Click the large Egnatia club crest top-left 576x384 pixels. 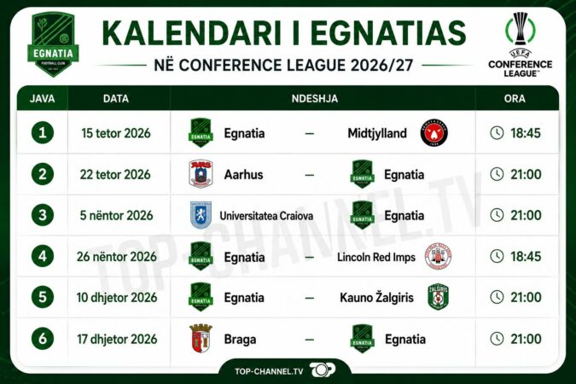tap(53, 44)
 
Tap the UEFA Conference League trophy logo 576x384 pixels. tap(521, 44)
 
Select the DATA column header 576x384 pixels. tap(116, 98)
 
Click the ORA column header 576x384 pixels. tap(515, 98)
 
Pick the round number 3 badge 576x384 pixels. tap(43, 215)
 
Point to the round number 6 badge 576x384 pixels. tap(43, 339)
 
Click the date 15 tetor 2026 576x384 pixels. tap(116, 133)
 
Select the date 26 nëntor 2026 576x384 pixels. tap(116, 257)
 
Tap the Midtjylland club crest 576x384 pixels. tap(433, 132)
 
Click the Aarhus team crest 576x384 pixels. tap(201, 174)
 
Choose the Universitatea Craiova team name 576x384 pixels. tap(266, 216)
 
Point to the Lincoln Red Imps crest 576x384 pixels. tap(438, 256)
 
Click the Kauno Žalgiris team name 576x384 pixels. tap(376, 298)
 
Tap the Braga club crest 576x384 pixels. tap(201, 338)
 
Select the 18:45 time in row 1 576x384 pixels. tap(526, 133)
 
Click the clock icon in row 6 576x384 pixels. tap(497, 339)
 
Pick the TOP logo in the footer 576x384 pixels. tap(323, 370)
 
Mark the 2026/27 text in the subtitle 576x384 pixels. tap(382, 66)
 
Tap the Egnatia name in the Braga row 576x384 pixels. tap(405, 340)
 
